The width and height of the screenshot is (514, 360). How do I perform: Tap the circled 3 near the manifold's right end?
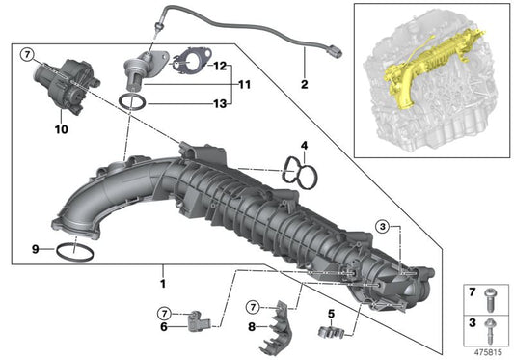click(x=383, y=226)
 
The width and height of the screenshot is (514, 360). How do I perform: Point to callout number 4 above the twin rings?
click(x=304, y=147)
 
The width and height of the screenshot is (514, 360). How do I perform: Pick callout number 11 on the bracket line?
click(x=243, y=85)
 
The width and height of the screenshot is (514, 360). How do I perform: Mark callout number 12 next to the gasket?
click(x=221, y=67)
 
